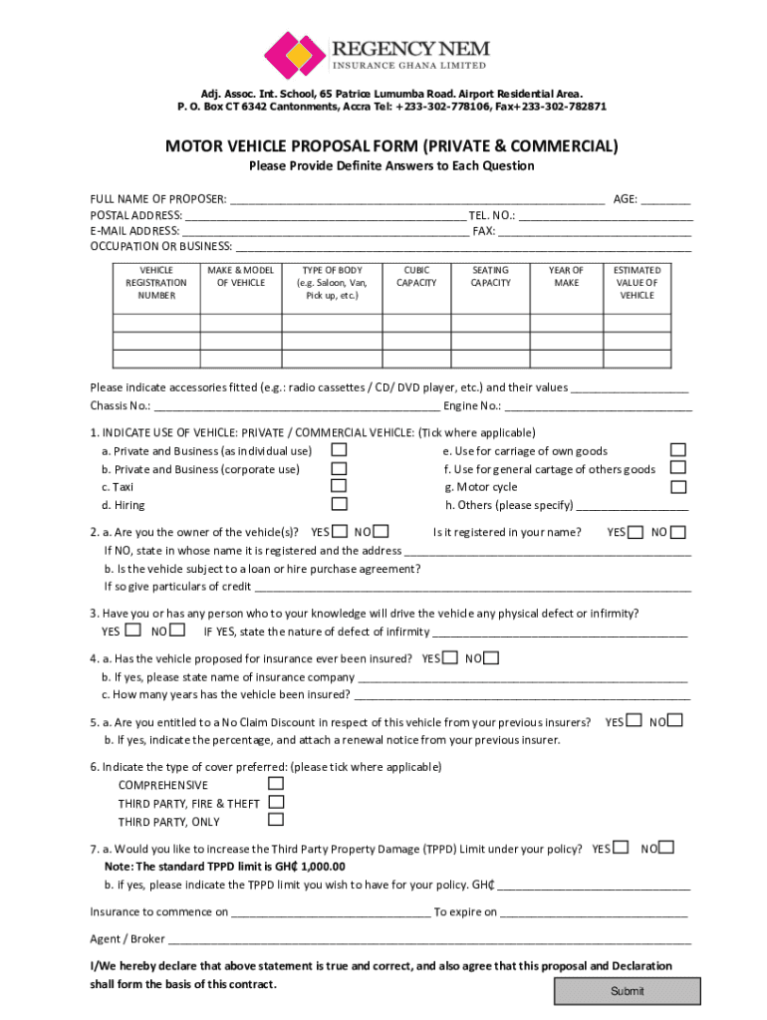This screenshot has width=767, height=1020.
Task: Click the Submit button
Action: click(x=627, y=991)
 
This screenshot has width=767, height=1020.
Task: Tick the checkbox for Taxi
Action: click(x=339, y=486)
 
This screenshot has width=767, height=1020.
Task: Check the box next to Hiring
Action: click(x=339, y=504)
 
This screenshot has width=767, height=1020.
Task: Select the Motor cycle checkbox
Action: click(x=678, y=486)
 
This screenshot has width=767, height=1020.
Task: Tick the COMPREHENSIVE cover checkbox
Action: click(x=276, y=783)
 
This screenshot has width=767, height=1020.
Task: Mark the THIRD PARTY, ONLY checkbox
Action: click(x=276, y=820)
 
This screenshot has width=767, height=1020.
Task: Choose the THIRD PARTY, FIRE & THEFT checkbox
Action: click(x=276, y=801)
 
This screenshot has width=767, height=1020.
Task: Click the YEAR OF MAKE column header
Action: click(x=566, y=276)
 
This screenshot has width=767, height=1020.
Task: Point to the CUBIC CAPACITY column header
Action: click(x=416, y=276)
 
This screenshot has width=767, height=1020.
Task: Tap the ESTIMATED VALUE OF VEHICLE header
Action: click(x=637, y=282)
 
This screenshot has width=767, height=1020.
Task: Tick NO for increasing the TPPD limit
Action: click(x=667, y=847)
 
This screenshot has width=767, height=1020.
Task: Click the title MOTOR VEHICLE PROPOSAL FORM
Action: click(x=391, y=147)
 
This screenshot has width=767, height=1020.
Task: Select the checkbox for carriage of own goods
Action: click(x=678, y=449)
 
